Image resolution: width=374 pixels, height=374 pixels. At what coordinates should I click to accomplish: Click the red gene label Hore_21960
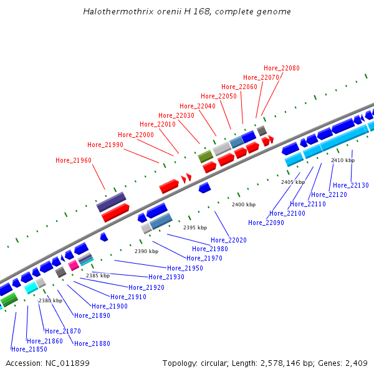click(74, 161)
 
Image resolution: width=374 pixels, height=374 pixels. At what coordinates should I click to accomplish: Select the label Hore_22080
click(282, 68)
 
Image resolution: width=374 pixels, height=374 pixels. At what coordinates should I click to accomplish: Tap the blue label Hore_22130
click(351, 185)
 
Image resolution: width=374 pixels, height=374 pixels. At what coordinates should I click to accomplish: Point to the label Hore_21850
click(29, 349)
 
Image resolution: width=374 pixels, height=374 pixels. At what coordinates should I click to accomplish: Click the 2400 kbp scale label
click(244, 204)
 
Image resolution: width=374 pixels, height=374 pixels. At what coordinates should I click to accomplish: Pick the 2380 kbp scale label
click(50, 300)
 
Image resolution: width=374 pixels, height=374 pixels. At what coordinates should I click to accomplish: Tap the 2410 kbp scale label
click(343, 160)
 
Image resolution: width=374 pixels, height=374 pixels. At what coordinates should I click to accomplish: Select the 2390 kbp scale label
click(146, 251)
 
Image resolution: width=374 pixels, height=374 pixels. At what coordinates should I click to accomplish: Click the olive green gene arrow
click(206, 156)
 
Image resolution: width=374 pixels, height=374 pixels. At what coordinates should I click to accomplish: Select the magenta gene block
click(74, 265)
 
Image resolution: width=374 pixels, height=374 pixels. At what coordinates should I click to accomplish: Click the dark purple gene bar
click(111, 202)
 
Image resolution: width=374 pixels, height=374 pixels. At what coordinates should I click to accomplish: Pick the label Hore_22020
click(229, 240)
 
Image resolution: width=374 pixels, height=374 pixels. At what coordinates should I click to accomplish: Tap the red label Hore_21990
click(105, 145)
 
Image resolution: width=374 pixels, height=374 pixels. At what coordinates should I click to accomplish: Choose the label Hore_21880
click(92, 343)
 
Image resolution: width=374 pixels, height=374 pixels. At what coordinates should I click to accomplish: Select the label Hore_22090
click(266, 223)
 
